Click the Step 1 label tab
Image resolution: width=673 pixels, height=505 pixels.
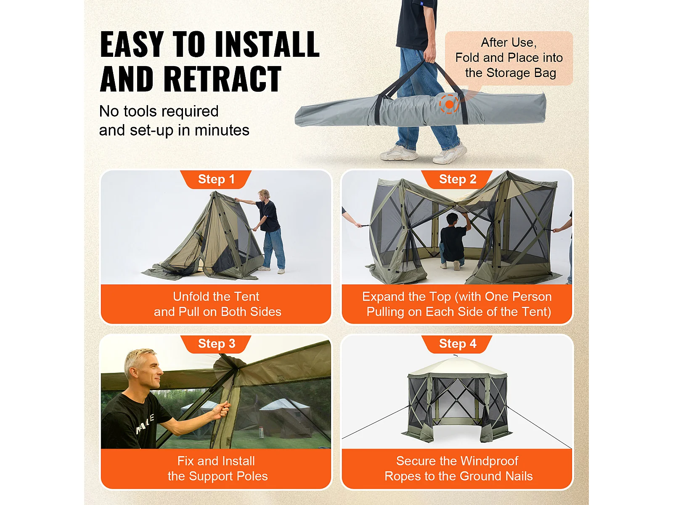[x=216, y=179]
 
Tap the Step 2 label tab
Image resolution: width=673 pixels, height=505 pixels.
[x=457, y=179]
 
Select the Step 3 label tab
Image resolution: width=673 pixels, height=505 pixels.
[x=216, y=344]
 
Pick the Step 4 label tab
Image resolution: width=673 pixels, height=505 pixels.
[x=457, y=344]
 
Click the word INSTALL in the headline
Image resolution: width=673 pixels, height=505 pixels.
[x=267, y=45]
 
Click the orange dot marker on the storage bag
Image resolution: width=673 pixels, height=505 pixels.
[x=449, y=104]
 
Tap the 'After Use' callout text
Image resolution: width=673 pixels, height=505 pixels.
[x=509, y=58]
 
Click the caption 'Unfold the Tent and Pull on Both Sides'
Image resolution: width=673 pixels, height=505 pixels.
[x=217, y=304]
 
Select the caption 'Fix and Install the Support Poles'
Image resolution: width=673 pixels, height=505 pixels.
[x=217, y=468]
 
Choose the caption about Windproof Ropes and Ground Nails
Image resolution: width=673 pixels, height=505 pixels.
[x=458, y=468]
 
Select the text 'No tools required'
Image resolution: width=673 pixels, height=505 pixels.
[x=159, y=111]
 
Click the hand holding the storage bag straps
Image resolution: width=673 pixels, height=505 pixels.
[x=429, y=56]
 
